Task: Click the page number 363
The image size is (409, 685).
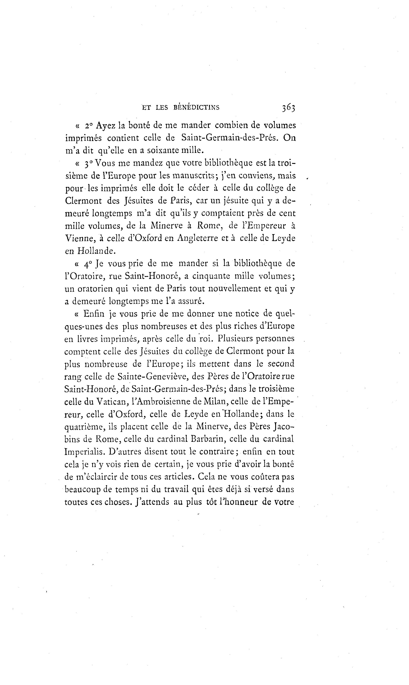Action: (288, 108)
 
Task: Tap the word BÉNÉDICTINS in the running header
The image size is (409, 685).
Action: (197, 108)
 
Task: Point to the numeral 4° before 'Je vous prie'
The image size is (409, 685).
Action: (88, 264)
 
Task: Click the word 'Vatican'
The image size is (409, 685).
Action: (112, 402)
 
